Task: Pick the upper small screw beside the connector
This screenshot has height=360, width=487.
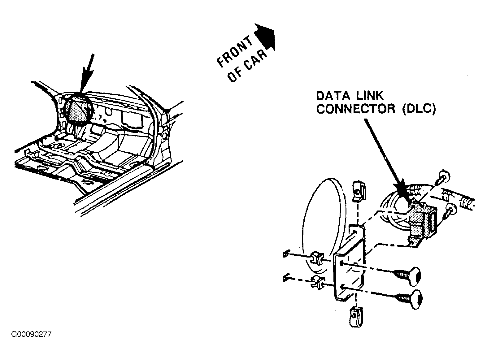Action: tap(444, 178)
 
